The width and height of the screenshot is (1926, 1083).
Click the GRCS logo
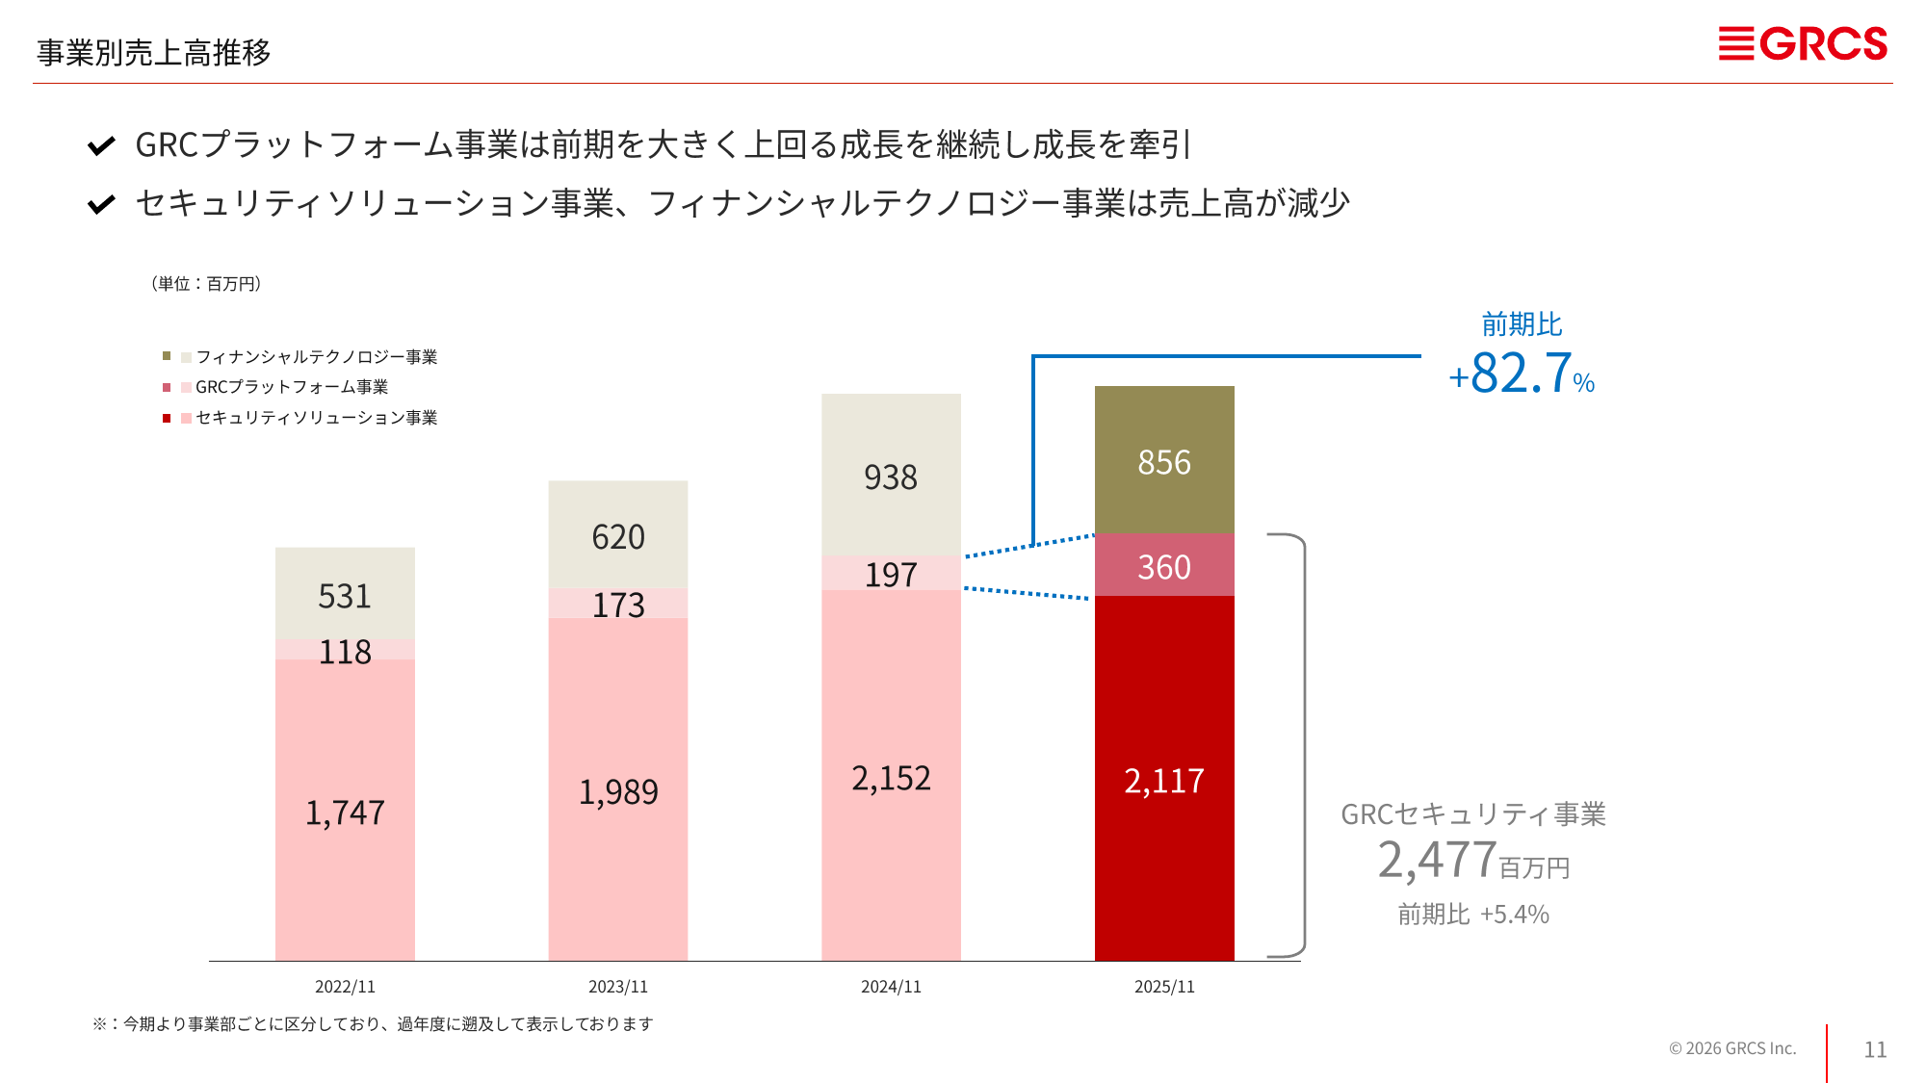[1803, 44]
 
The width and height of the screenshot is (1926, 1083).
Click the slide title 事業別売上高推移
[154, 52]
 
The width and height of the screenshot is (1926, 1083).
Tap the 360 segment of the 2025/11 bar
[1164, 567]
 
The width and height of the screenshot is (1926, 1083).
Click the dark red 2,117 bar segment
[1164, 780]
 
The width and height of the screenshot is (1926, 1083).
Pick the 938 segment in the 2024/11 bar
[891, 477]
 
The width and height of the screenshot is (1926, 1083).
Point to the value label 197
[891, 575]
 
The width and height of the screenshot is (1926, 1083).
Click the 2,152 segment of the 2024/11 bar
[891, 778]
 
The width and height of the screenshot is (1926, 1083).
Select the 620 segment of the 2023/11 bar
[618, 536]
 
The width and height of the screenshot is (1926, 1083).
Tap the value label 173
[618, 605]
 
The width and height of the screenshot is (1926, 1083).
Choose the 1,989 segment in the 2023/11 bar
[618, 791]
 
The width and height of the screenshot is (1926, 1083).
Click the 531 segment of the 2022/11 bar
[345, 596]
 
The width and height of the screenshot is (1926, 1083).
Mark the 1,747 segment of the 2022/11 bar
[345, 812]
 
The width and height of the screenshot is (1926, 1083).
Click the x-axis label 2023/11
[618, 987]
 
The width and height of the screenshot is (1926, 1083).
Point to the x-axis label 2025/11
[1164, 987]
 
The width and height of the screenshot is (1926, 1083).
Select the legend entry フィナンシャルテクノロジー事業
[316, 357]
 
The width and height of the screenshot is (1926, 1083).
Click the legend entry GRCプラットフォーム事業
[292, 387]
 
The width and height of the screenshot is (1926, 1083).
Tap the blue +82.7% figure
[1522, 374]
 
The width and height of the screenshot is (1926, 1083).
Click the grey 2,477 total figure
[1437, 860]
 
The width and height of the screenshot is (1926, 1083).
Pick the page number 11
[1875, 1049]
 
